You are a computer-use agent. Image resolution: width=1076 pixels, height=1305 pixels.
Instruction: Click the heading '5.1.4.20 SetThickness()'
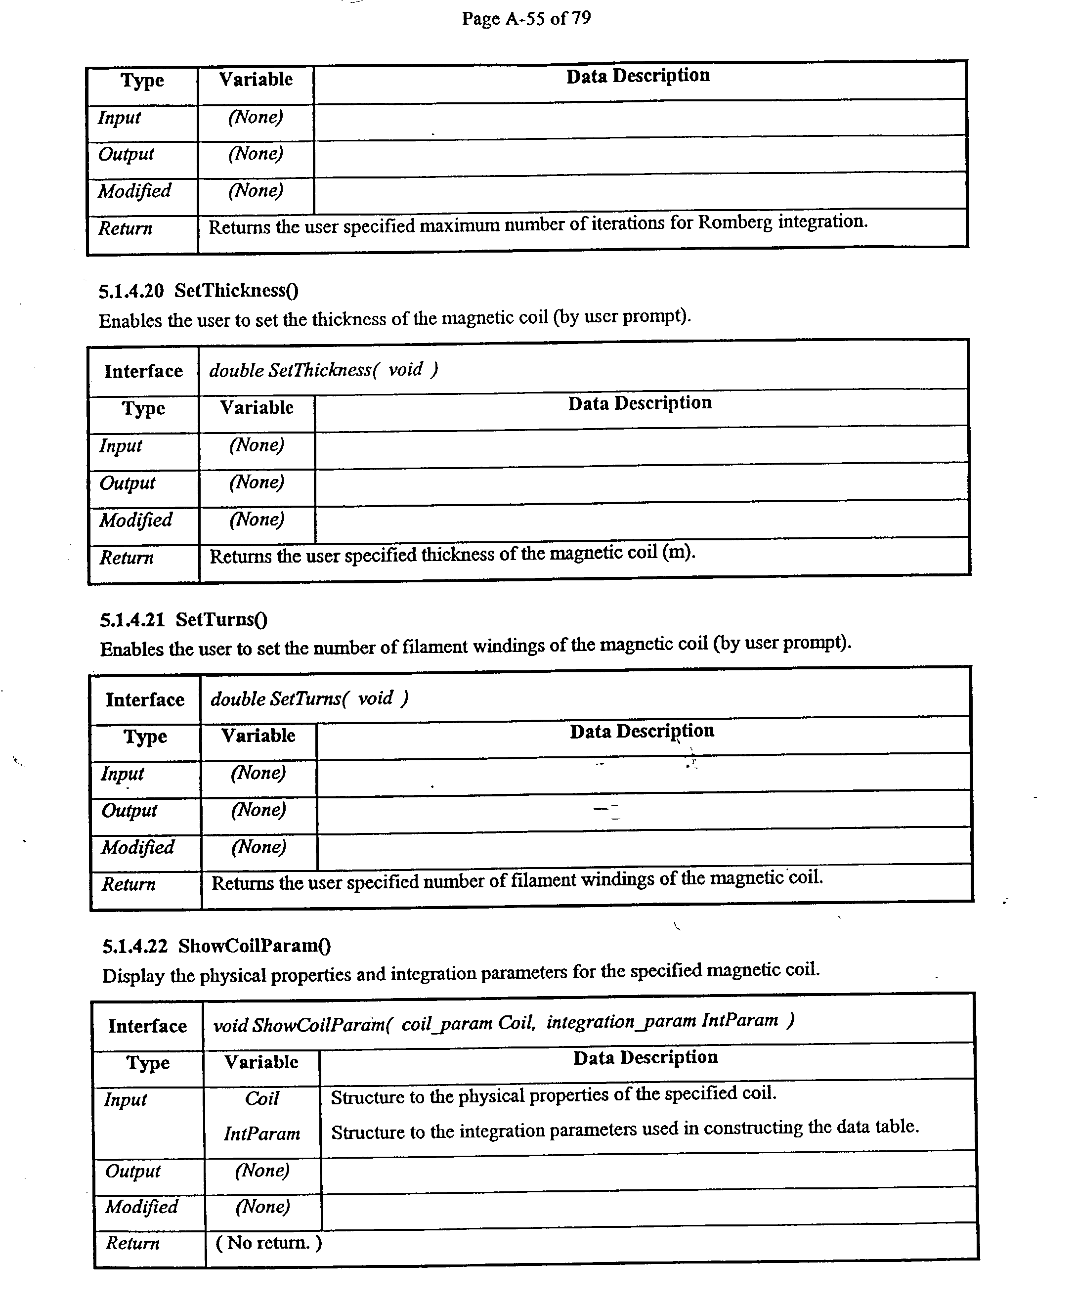(198, 290)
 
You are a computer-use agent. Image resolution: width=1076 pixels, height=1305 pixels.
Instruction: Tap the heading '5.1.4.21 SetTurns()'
(183, 619)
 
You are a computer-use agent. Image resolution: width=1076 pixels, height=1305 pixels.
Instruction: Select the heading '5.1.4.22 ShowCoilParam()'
(216, 946)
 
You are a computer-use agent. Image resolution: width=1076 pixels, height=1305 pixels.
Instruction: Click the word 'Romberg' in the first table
(735, 222)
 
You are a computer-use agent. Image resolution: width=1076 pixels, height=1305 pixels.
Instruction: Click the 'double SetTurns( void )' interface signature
(309, 698)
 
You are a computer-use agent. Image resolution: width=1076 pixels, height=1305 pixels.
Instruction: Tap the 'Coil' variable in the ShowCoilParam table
(261, 1098)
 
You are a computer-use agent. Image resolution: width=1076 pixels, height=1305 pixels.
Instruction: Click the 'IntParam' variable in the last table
(261, 1134)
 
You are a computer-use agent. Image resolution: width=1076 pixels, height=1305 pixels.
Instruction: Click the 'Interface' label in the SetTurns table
(144, 700)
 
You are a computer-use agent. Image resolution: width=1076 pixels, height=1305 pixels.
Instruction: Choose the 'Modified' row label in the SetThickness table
(136, 520)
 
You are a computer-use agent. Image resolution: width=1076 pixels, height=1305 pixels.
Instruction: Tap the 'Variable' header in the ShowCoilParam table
(261, 1062)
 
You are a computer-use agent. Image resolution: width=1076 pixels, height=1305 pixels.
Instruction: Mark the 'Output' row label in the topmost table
(126, 154)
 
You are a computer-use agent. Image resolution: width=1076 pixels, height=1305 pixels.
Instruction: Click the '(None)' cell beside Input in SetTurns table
(258, 773)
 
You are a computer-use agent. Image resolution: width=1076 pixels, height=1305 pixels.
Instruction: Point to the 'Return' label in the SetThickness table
(127, 557)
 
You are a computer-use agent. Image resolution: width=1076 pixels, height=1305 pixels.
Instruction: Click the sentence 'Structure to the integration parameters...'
(624, 1130)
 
